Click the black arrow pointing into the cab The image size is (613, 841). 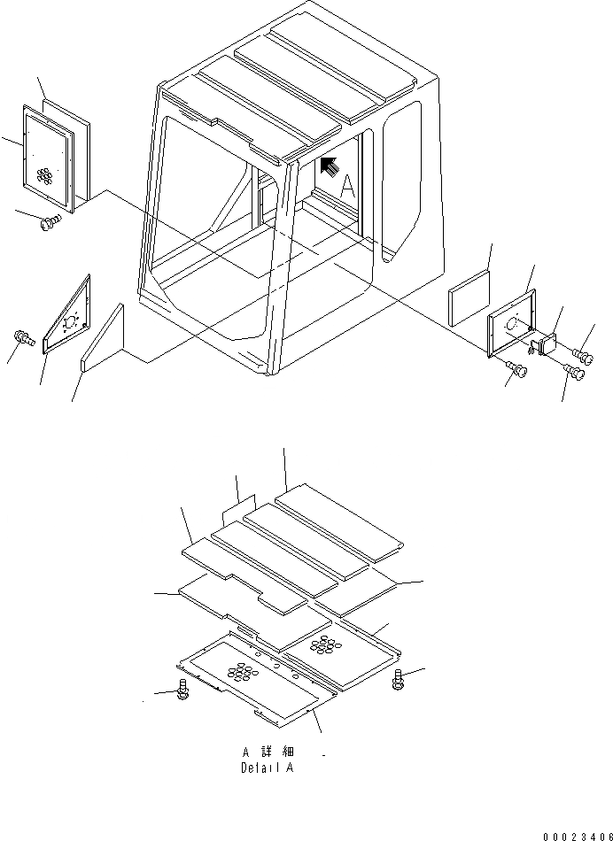tap(329, 166)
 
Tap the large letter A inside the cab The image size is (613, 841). tap(348, 187)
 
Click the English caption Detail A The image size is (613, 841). tap(267, 768)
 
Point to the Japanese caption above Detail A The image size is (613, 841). tap(267, 752)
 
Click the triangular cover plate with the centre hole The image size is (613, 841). tap(69, 317)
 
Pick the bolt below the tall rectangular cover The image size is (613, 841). tap(50, 221)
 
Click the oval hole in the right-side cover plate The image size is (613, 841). tap(512, 326)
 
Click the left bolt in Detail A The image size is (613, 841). tap(182, 691)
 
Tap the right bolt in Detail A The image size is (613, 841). tap(399, 680)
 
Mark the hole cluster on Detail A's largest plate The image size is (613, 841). tap(240, 673)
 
